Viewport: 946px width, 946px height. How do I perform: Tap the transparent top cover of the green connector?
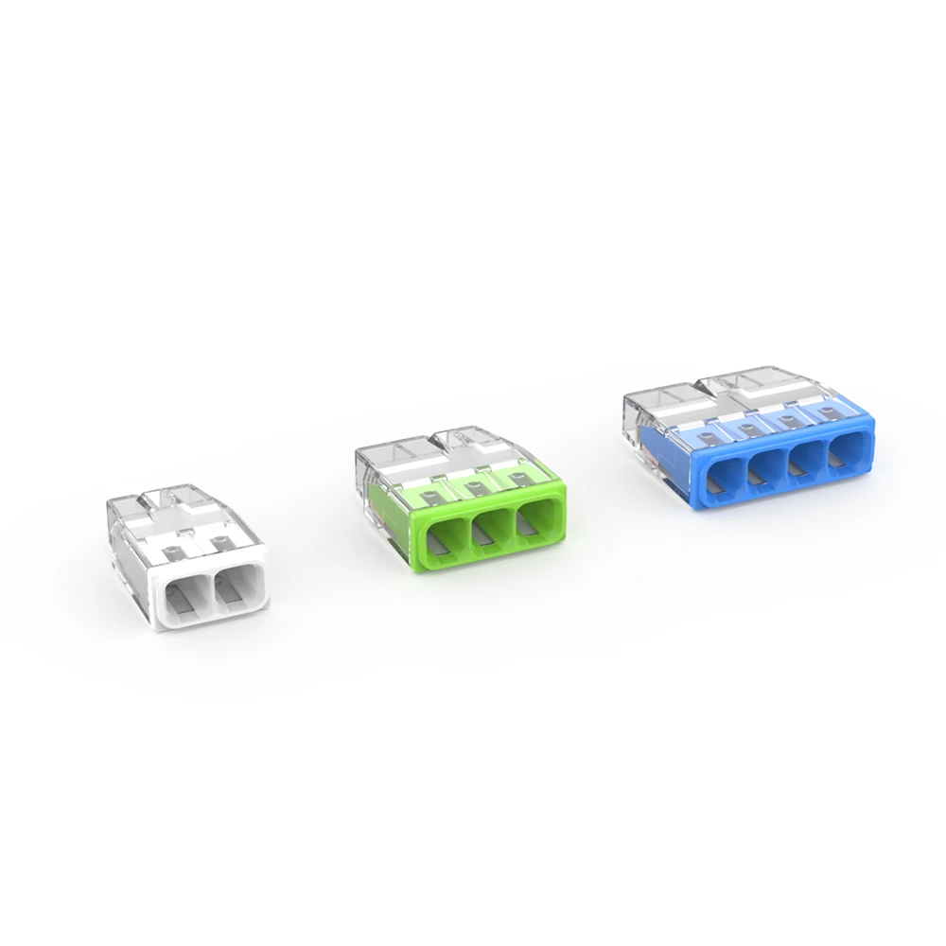(x=445, y=454)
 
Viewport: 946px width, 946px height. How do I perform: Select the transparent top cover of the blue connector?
(x=747, y=393)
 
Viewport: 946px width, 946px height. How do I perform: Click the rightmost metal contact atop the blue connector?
(x=825, y=412)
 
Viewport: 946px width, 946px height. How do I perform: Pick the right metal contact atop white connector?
(x=220, y=542)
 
